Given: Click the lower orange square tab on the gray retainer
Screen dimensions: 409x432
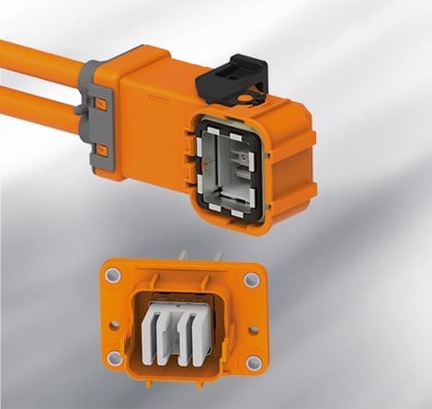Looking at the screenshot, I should pyautogui.click(x=102, y=149).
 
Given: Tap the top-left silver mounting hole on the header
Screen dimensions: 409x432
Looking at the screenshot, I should pyautogui.click(x=113, y=275).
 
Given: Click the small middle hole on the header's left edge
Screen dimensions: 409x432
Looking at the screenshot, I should pyautogui.click(x=114, y=324).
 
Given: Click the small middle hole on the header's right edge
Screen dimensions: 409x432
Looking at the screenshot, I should pyautogui.click(x=252, y=325).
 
